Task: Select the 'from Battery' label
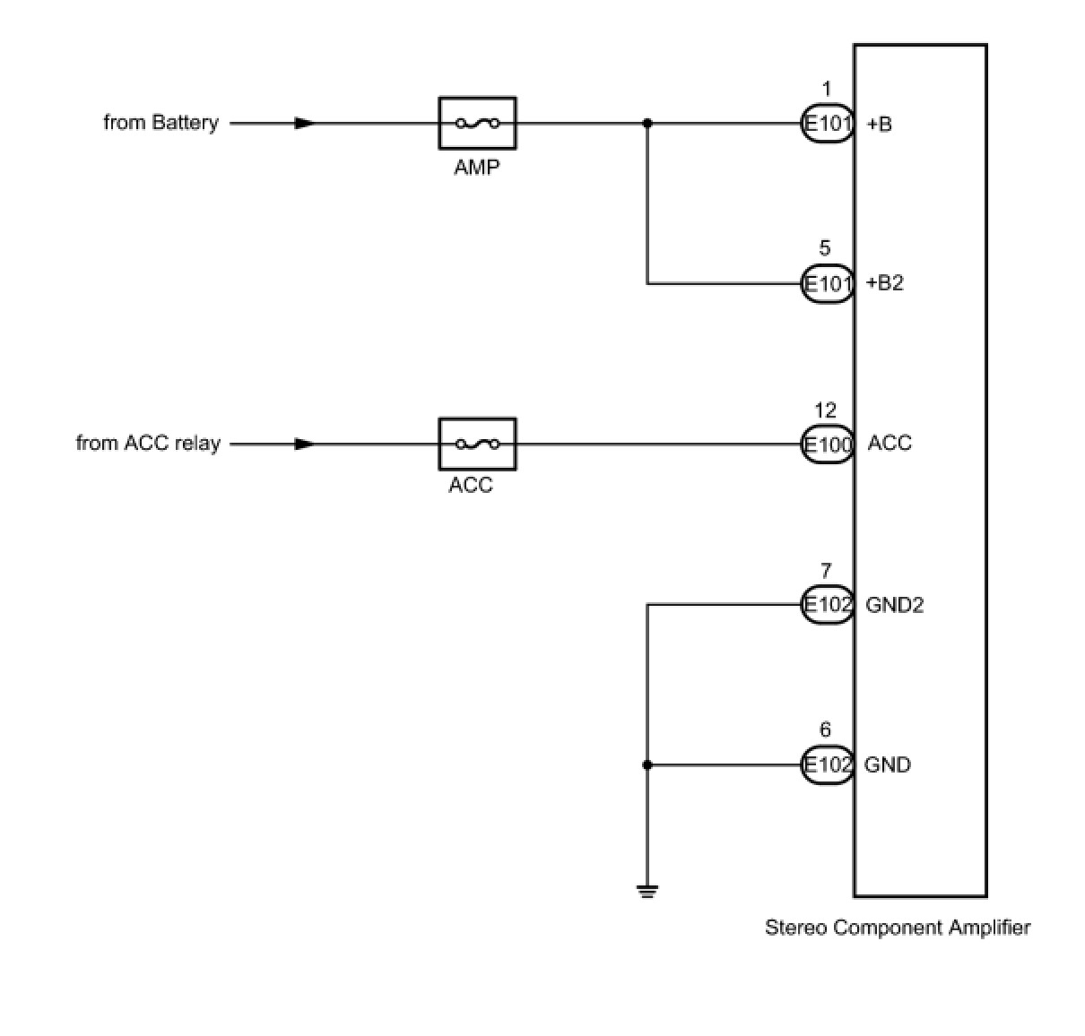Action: pos(161,123)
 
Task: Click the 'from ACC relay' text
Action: pos(148,444)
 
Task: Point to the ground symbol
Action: pos(647,892)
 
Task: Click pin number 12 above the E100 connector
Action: pos(826,410)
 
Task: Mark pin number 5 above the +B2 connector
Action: pos(825,248)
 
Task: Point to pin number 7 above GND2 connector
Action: pos(826,571)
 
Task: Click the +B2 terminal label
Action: pos(885,283)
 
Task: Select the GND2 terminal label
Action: pos(894,605)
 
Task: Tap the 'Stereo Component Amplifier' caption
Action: pos(898,928)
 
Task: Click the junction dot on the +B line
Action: pos(647,123)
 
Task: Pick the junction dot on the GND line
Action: pos(647,765)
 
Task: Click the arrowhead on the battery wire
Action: pos(304,123)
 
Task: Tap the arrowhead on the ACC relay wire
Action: pos(304,445)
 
